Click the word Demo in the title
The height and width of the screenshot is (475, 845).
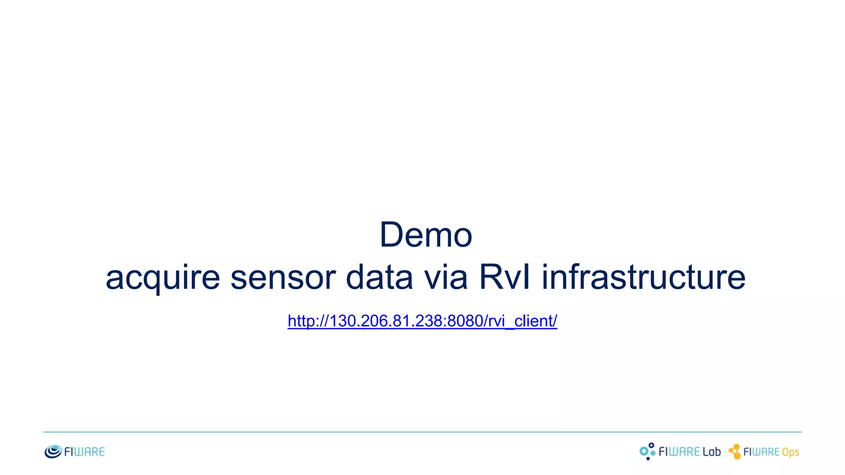(x=425, y=235)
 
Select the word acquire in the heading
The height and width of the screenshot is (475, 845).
(x=163, y=278)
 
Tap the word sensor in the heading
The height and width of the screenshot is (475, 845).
(x=283, y=278)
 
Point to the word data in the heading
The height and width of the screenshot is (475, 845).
(x=379, y=277)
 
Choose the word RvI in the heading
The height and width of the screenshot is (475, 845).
(x=504, y=277)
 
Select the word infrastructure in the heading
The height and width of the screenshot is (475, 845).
(x=643, y=277)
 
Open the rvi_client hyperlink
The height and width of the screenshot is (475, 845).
(x=422, y=321)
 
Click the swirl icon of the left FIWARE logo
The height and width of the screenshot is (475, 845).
(x=53, y=451)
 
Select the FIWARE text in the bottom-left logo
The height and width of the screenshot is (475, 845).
(x=85, y=452)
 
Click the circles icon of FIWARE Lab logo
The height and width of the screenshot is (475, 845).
(x=647, y=451)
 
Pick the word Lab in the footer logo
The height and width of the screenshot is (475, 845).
(x=711, y=452)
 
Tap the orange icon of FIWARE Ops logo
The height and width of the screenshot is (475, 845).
(x=735, y=451)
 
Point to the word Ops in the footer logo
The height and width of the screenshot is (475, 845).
(x=790, y=452)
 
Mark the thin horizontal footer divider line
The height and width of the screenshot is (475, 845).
(x=422, y=432)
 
